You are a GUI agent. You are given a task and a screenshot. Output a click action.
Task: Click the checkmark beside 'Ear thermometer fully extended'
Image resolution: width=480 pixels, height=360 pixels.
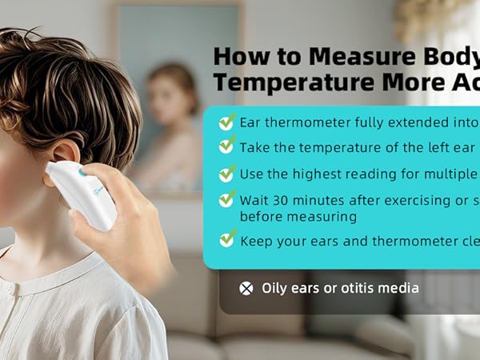227,122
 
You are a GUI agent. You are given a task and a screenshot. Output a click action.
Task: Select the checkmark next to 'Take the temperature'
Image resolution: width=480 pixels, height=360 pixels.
227,146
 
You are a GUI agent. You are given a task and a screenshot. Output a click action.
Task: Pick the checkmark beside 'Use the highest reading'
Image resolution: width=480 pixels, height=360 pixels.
227,172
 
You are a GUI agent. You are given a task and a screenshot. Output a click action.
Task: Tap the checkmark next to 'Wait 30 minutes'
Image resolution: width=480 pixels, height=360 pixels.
227,198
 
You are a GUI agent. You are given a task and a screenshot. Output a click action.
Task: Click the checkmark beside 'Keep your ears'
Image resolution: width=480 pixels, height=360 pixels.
227,238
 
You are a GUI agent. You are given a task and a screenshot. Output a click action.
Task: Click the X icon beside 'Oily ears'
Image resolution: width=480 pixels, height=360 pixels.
246,289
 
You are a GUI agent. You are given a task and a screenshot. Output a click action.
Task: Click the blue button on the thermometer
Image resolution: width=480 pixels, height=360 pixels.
82,173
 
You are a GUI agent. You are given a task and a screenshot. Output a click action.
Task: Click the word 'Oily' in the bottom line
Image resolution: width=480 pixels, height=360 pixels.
275,288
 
